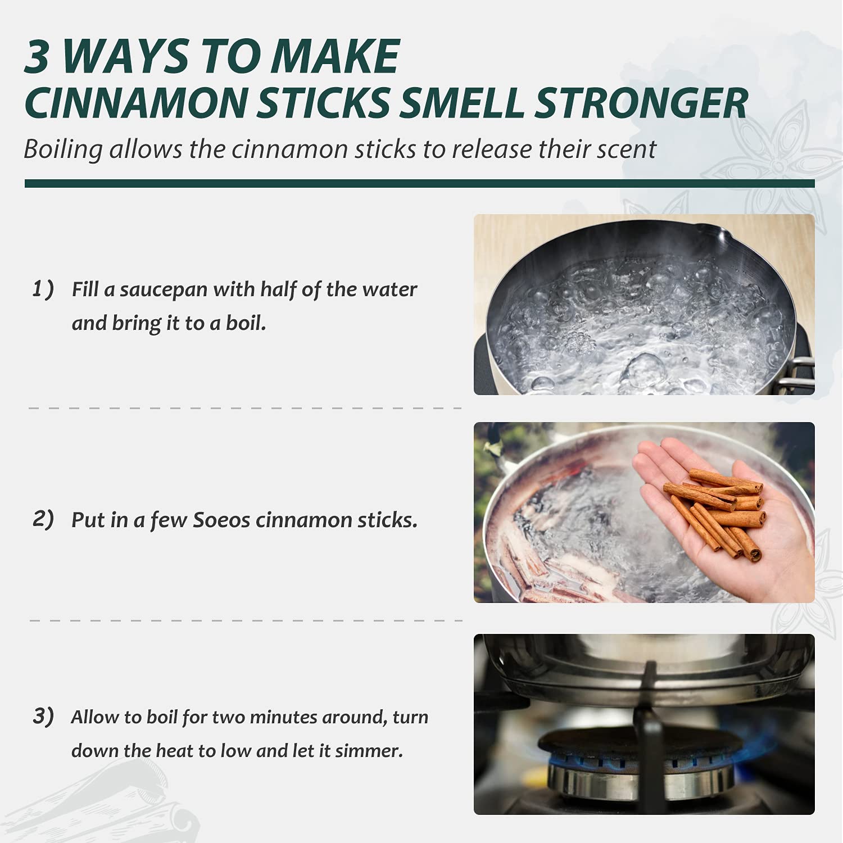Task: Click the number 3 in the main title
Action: pyautogui.click(x=38, y=57)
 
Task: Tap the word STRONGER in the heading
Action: pyautogui.click(x=641, y=103)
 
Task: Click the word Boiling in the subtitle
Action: pyautogui.click(x=64, y=150)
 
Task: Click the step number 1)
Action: pyautogui.click(x=43, y=289)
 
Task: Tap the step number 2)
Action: pyautogui.click(x=43, y=519)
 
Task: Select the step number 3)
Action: pyautogui.click(x=43, y=716)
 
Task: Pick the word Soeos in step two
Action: pyautogui.click(x=221, y=520)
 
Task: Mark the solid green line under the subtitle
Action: pyautogui.click(x=420, y=184)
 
